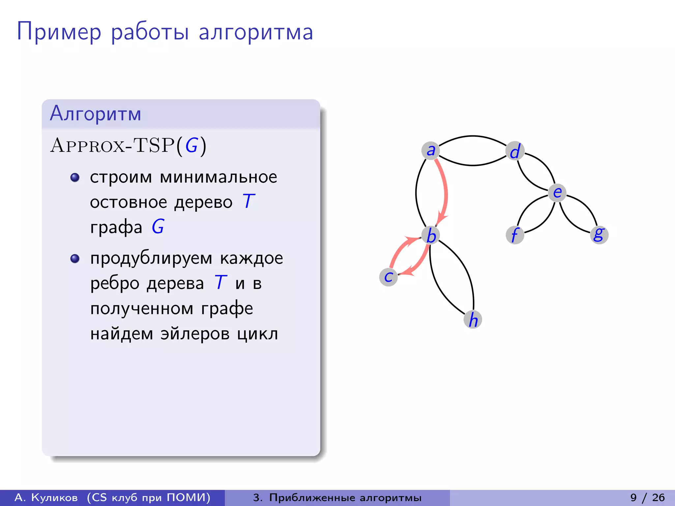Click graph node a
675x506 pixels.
pos(430,151)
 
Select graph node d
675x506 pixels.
pos(515,151)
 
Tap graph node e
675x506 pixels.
pos(557,193)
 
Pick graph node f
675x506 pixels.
pos(515,235)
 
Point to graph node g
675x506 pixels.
pos(599,235)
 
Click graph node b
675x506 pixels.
pos(431,235)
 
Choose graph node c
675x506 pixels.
pos(389,277)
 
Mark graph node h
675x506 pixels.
pos(473,319)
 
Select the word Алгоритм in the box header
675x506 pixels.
pos(96,113)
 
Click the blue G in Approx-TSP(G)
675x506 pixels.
pos(191,145)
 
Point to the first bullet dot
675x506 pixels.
pos(75,178)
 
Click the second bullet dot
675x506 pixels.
pos(75,259)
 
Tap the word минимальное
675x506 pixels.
pos(218,177)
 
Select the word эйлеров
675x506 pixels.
pos(195,334)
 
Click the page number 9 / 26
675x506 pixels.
pos(647,497)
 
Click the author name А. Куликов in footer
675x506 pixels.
pos(46,497)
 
